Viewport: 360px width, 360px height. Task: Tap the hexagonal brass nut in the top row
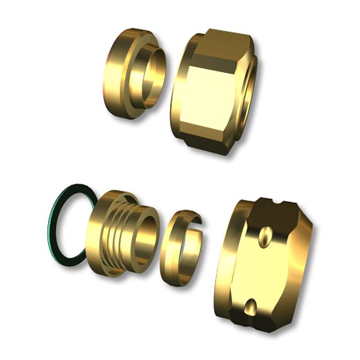coord(214,91)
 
